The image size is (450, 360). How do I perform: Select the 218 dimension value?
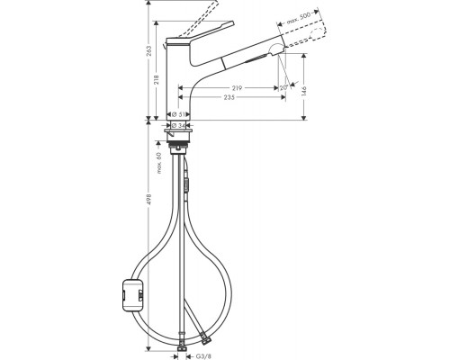click(x=158, y=80)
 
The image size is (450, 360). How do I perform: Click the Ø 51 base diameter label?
click(x=180, y=113)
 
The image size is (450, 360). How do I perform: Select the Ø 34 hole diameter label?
click(x=181, y=125)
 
